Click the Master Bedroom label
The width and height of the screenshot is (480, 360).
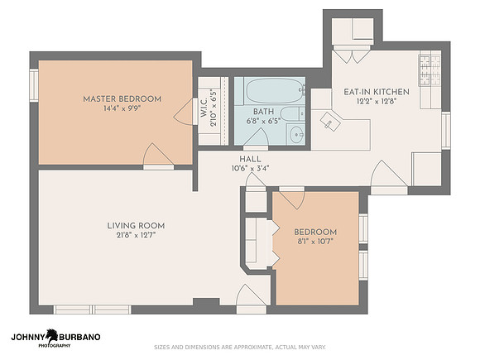(122, 99)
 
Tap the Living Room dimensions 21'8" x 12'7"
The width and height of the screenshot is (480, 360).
(136, 235)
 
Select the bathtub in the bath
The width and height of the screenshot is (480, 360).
(274, 91)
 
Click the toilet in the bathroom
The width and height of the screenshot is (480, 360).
(292, 113)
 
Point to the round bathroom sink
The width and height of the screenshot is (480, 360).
(296, 135)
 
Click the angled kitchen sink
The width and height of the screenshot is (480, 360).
(330, 122)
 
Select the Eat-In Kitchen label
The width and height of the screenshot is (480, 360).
(377, 92)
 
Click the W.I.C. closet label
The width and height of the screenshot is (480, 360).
(204, 108)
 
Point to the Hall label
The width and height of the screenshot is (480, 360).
(250, 159)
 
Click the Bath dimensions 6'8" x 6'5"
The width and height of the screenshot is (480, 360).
(263, 121)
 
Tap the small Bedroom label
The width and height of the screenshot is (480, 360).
(315, 232)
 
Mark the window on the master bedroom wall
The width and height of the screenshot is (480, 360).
(34, 85)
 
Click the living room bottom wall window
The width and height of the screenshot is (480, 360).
(93, 310)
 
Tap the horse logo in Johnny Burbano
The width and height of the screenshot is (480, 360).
(52, 336)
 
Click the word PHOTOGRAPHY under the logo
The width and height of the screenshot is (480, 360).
(54, 346)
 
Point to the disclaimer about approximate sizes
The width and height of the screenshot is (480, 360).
(240, 347)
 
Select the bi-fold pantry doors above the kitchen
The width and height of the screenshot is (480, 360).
(352, 55)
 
